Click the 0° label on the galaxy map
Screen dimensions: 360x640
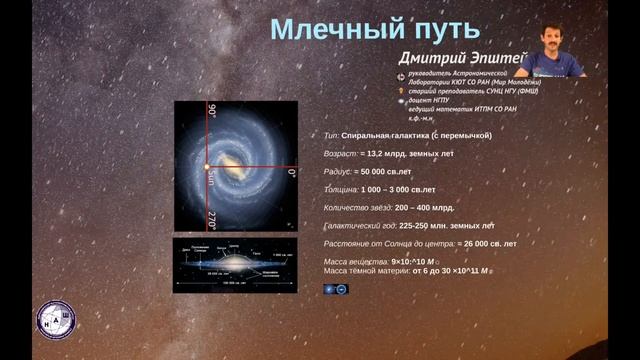[x=291, y=172]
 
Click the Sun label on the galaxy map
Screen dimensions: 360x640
[x=212, y=178]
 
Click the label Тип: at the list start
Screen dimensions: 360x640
[x=332, y=134]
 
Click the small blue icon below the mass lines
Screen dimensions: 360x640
[x=335, y=288]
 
